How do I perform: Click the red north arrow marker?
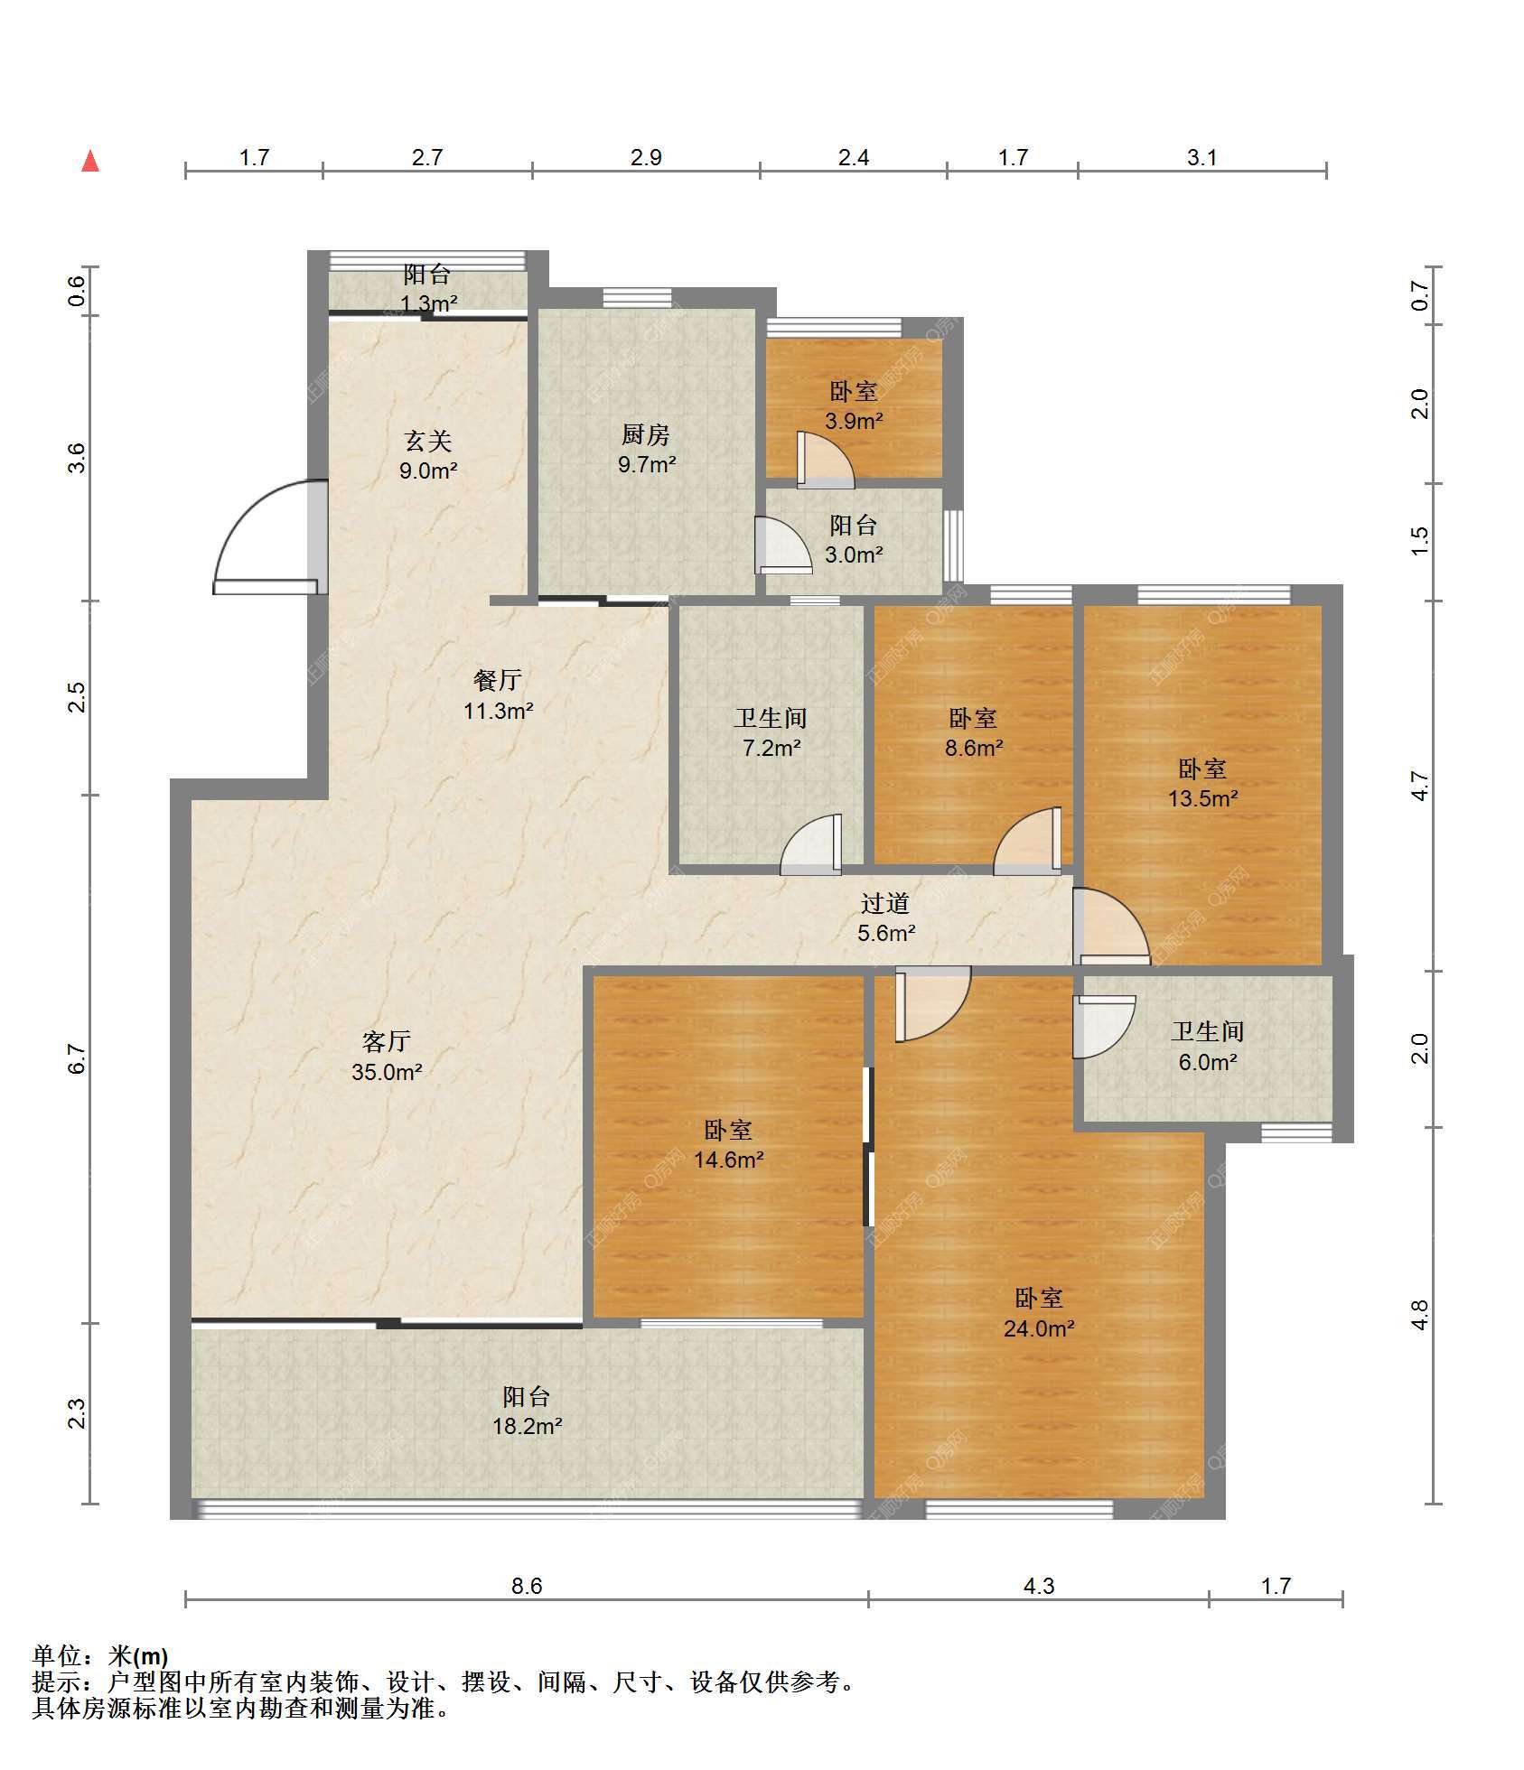90,161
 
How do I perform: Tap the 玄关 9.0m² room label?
428,455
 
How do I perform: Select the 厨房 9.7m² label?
647,450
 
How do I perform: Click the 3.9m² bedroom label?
854,405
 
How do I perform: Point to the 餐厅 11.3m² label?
498,694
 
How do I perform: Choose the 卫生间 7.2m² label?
771,732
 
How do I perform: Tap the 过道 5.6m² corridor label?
885,918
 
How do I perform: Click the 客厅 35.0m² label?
387,1057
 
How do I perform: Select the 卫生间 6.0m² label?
1208,1046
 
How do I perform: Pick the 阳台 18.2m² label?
528,1411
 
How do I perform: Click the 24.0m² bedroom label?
1039,1313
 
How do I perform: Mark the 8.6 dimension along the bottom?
527,1587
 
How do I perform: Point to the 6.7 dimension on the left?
78,1058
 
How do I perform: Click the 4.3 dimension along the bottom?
1039,1587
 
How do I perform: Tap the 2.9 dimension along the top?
646,158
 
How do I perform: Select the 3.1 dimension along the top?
1201,158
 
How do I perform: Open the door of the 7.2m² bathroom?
811,844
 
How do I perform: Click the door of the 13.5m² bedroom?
1111,927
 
